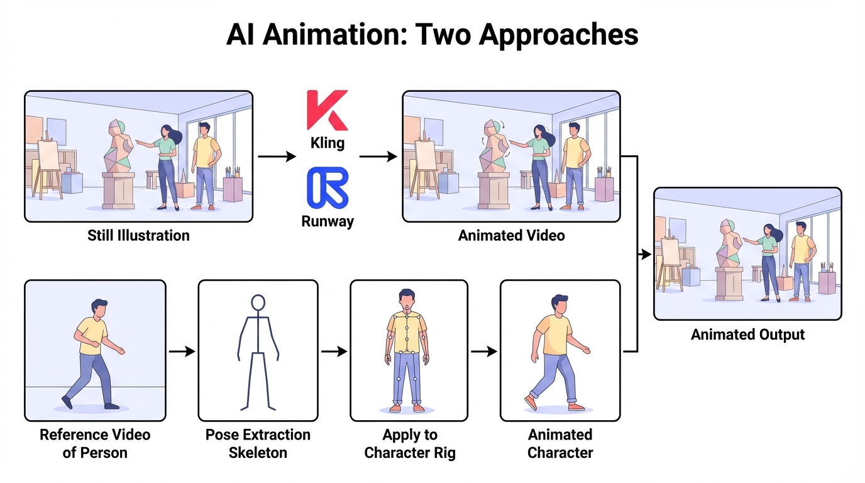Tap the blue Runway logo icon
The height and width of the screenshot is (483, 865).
[x=327, y=187]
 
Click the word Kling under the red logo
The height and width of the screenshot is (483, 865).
[x=327, y=143]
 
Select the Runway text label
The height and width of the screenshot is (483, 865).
[x=327, y=221]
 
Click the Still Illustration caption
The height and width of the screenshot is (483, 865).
[x=138, y=236]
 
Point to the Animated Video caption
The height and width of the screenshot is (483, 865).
[x=511, y=236]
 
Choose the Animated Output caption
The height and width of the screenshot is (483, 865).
[x=747, y=335]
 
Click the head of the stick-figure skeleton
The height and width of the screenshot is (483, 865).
[x=258, y=303]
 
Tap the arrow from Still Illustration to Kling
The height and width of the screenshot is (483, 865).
[x=277, y=157]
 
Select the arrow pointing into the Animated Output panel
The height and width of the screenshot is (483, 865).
[x=644, y=254]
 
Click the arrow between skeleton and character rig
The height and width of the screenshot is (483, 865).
[x=334, y=352]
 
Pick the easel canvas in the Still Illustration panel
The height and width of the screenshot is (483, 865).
[x=48, y=154]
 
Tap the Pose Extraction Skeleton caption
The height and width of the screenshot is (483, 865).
[x=258, y=443]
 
